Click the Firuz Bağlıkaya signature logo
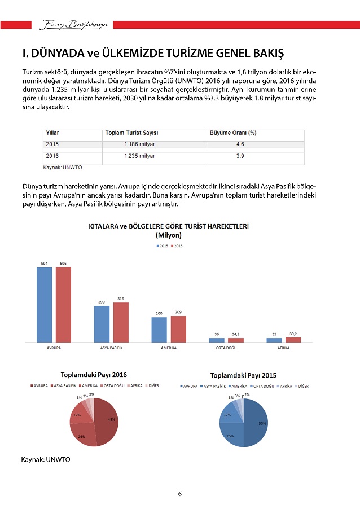click(x=76, y=24)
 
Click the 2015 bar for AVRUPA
click(x=45, y=304)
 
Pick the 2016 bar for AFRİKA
click(x=293, y=339)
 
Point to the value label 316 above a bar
click(x=121, y=298)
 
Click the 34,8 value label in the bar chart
click(x=235, y=334)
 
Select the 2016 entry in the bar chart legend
click(x=177, y=246)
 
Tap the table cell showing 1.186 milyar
click(x=139, y=144)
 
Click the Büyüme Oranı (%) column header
click(x=233, y=133)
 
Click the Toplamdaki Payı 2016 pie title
click(x=94, y=375)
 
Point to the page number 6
click(x=179, y=494)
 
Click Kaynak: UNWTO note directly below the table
click(x=60, y=168)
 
